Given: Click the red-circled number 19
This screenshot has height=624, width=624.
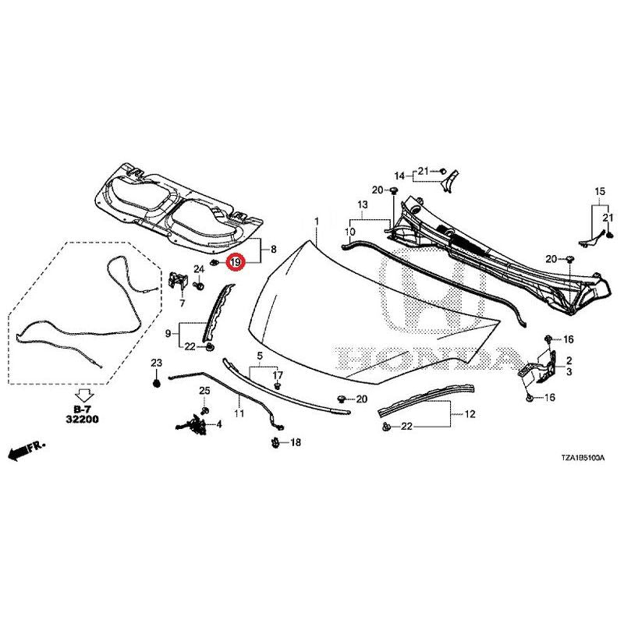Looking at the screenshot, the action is coord(235,262).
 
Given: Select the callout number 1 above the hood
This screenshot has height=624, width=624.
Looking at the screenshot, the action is coord(317,222).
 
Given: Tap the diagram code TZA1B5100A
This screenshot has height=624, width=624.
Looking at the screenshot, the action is coord(583,458).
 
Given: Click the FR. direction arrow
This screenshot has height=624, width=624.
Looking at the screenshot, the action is coord(27,451).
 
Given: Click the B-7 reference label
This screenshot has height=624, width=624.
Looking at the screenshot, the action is coord(84,409).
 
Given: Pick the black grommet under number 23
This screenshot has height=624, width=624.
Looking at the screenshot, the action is coord(157,384).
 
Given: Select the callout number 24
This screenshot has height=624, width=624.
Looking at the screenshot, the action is coord(199,269).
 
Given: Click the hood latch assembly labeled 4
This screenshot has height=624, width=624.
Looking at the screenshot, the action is coord(193,423).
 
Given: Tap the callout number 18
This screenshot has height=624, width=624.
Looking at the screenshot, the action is coord(296,442).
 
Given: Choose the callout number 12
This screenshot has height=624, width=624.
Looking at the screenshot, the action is coord(470,414).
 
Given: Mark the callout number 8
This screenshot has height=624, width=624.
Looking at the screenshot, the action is coord(274,250).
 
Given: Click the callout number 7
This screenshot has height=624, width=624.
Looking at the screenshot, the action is coord(183,303).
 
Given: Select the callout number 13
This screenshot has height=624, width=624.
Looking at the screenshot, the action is coord(363,205).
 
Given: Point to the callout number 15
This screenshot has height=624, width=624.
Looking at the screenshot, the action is coord(600,191).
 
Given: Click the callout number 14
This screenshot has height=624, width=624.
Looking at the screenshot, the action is coord(399,175).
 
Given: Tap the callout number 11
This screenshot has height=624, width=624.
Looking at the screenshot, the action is coord(239,414).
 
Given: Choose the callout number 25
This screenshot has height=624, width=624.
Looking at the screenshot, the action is coord(204,391).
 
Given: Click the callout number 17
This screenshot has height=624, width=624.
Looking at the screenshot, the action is coord(278,375).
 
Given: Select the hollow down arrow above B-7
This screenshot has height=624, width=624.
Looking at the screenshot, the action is coord(84,395).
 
